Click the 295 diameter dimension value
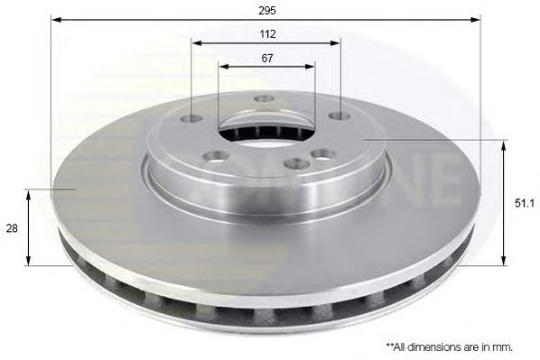267,11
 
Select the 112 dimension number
267,34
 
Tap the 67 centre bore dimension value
267,59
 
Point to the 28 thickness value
12,228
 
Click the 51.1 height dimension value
524,204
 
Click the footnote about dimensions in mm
450,346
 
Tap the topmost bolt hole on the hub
265,98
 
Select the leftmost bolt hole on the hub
191,119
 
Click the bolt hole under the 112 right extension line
340,116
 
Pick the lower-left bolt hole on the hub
217,158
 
